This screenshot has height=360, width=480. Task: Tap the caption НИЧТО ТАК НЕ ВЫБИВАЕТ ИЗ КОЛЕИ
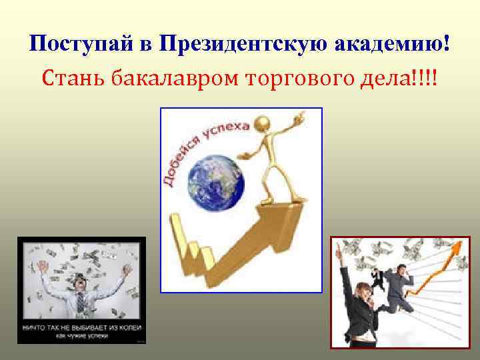81,327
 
